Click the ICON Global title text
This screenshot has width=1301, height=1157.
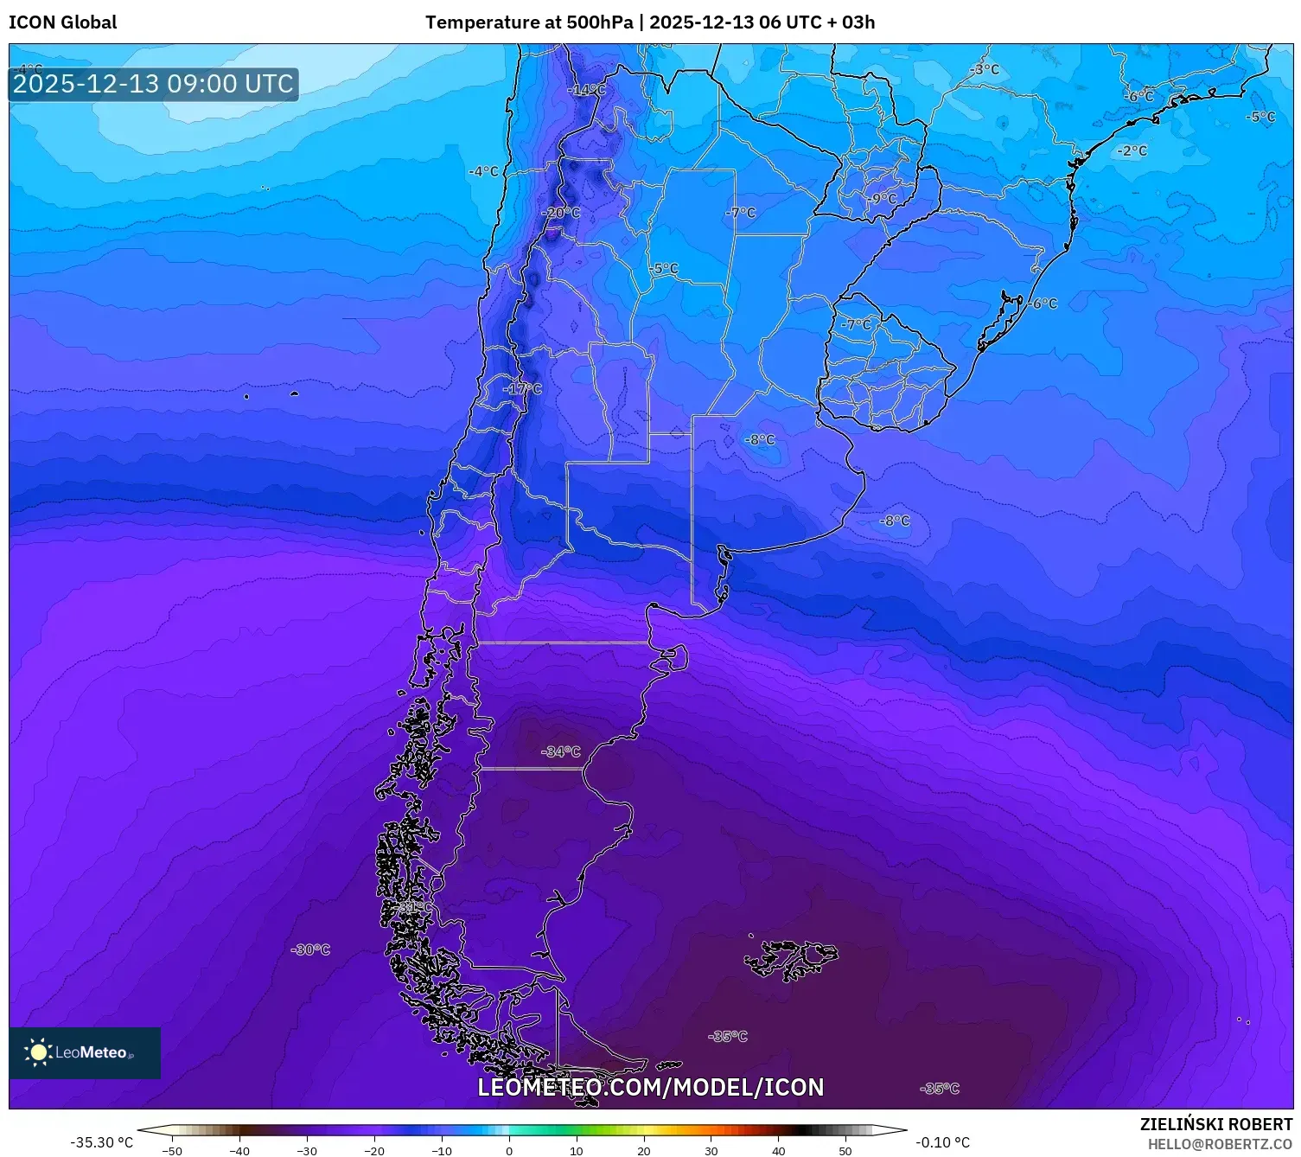coord(62,22)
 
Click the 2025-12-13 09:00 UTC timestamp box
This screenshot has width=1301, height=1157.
coord(153,85)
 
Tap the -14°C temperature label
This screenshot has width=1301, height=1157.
coord(586,90)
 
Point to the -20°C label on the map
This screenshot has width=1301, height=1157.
coord(561,213)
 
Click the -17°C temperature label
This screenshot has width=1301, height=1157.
coord(522,389)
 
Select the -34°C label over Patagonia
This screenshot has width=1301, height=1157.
coord(561,751)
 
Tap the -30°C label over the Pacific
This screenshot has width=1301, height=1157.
coord(311,949)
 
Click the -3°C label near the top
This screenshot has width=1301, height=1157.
coord(984,69)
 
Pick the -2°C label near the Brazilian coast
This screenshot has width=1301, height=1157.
coord(1132,150)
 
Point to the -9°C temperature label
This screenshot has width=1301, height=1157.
coord(883,198)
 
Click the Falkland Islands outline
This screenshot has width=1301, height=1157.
coord(791,959)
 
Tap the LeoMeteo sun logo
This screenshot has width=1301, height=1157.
coord(38,1052)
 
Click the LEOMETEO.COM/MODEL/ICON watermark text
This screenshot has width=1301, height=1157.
coord(651,1087)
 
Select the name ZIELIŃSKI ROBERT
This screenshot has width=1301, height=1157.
coord(1215,1124)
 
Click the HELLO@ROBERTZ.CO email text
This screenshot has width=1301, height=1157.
coord(1220,1144)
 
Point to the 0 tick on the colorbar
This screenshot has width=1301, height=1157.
coord(509,1150)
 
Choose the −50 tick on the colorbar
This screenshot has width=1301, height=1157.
coord(172,1150)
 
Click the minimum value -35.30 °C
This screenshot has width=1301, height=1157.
coord(101,1142)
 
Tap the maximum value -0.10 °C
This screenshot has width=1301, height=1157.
coord(942,1142)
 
